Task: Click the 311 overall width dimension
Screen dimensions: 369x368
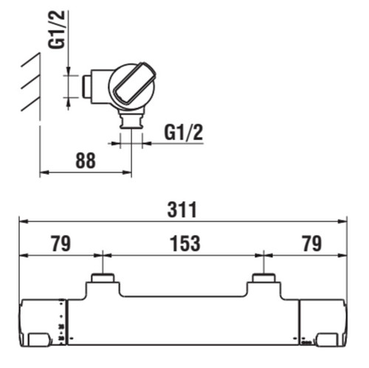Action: (x=182, y=210)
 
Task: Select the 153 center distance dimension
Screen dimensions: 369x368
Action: (x=185, y=243)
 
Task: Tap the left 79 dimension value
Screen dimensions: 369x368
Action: (x=61, y=243)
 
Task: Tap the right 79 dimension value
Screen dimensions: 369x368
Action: (x=312, y=243)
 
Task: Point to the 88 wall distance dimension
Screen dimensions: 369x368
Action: (x=86, y=161)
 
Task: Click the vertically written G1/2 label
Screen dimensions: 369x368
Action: (x=57, y=30)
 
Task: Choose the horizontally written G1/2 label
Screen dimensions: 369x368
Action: (x=184, y=133)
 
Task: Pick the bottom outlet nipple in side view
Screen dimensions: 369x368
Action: (x=131, y=119)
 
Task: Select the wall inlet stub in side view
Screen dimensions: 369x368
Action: (x=86, y=86)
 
